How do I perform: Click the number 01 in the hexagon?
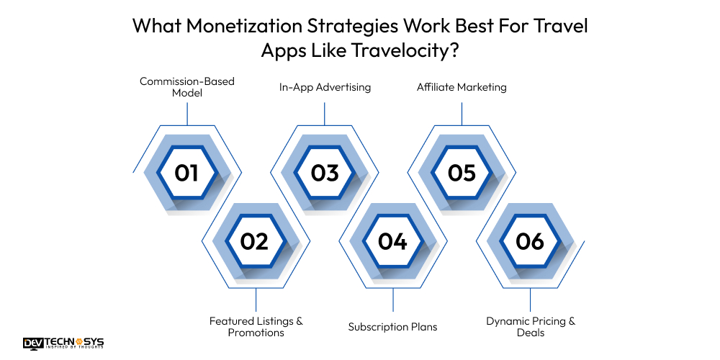click(x=187, y=173)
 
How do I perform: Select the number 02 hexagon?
click(x=256, y=241)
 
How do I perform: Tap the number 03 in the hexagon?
click(x=325, y=173)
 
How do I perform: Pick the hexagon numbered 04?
click(x=393, y=241)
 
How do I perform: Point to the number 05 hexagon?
click(x=462, y=173)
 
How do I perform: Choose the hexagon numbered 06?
click(x=531, y=241)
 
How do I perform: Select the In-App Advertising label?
click(x=325, y=87)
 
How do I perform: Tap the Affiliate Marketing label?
click(x=462, y=87)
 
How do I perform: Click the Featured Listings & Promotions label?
click(x=256, y=326)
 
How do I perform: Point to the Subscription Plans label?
click(x=393, y=326)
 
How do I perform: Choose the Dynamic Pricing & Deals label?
click(x=531, y=326)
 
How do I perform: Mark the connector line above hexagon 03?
click(x=325, y=113)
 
